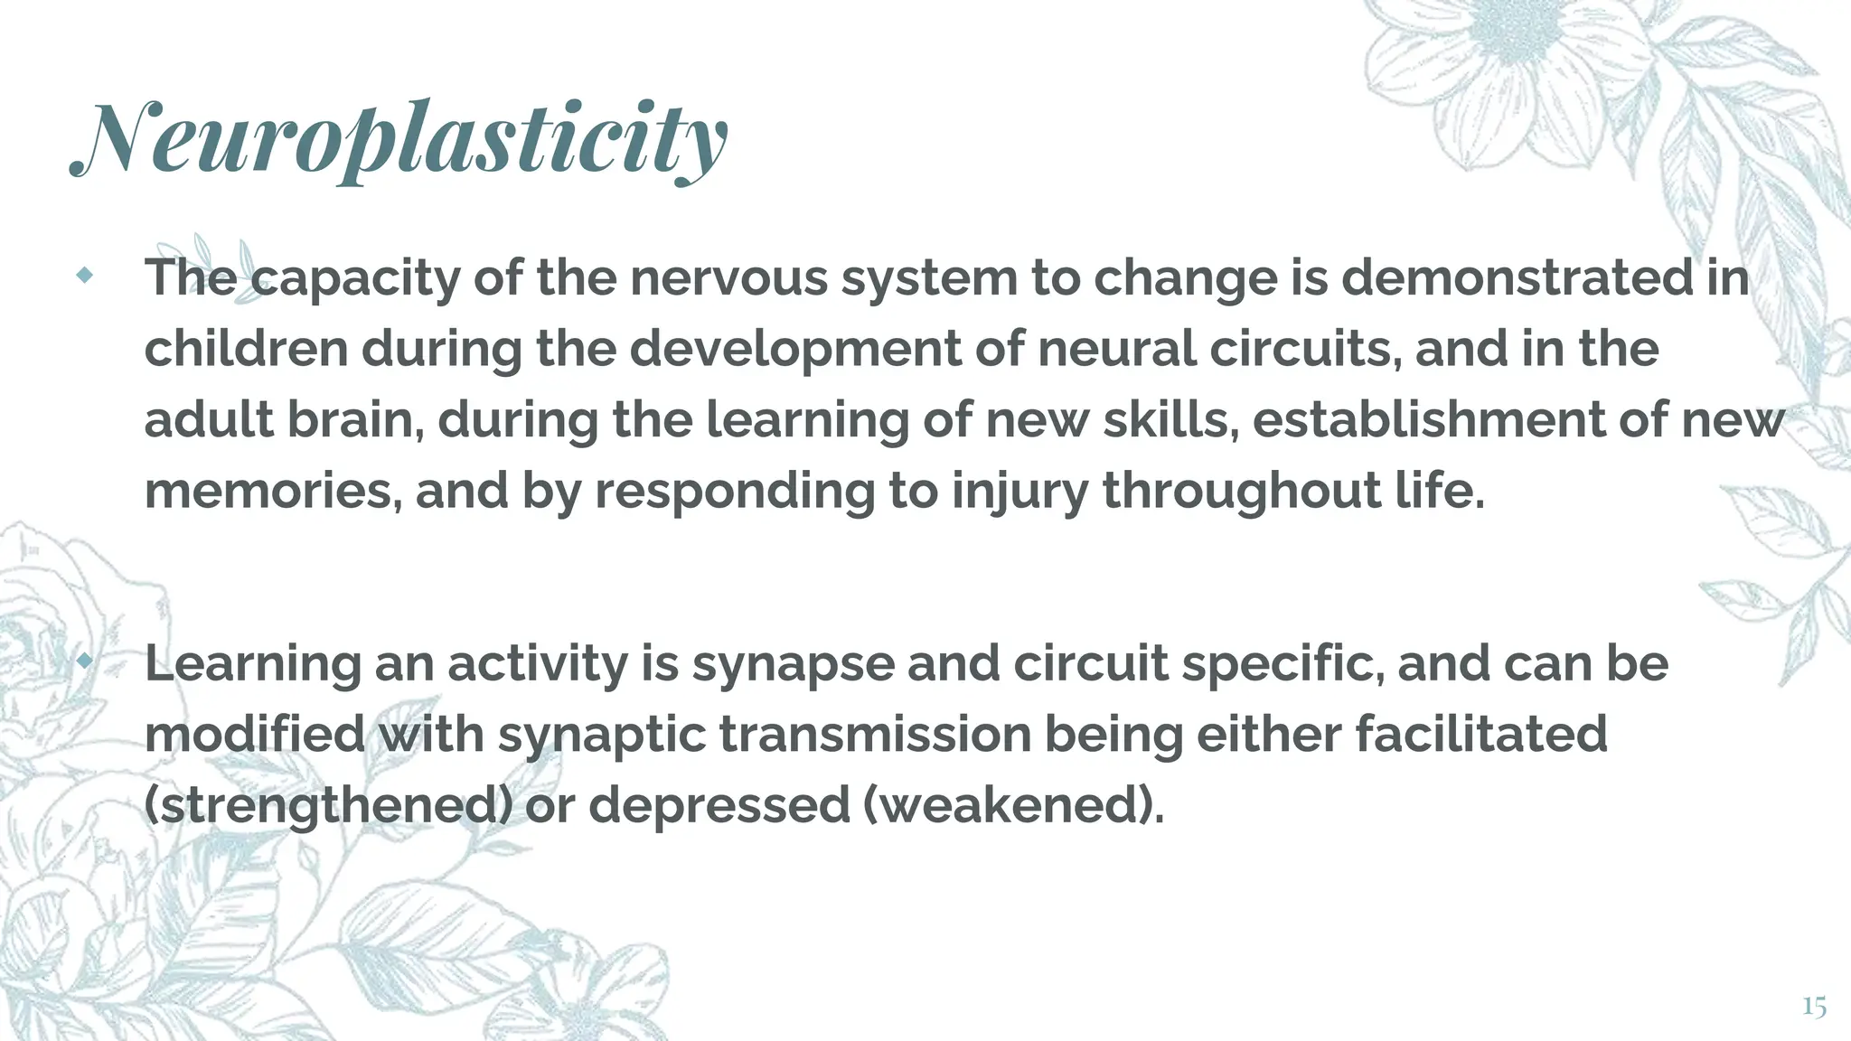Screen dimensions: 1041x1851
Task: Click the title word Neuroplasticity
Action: [399, 140]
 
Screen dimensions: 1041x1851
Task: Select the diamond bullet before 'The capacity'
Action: [85, 276]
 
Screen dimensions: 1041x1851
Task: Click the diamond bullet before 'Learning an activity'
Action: [85, 661]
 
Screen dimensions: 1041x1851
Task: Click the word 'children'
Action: [246, 349]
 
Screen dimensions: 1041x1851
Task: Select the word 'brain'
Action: [355, 420]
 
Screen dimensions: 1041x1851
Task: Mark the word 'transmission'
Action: [875, 735]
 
